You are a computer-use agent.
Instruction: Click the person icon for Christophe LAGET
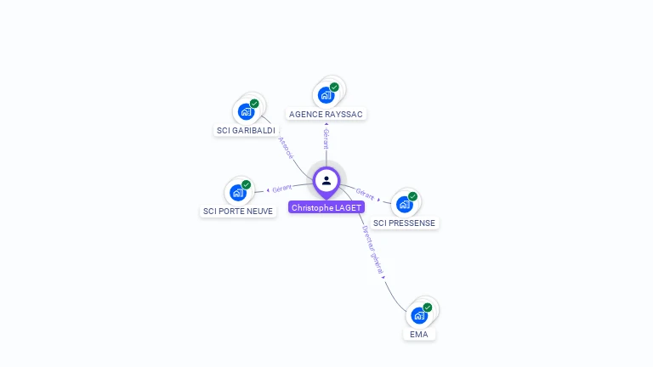(326, 180)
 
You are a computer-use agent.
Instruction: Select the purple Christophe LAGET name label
(326, 207)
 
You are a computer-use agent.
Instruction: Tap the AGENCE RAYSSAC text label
(327, 114)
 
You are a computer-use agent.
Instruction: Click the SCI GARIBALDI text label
(247, 131)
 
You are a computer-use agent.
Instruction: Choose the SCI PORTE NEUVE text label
(239, 211)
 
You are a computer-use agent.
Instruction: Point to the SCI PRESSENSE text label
(405, 223)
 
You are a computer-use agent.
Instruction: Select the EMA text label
(418, 334)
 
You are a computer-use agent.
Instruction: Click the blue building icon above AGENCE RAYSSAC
(326, 95)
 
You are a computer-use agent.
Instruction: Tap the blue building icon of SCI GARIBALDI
(246, 112)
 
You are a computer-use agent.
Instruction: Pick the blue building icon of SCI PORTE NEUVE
(237, 193)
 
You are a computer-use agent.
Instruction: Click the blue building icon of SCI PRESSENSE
(404, 204)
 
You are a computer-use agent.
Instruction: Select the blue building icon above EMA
(418, 315)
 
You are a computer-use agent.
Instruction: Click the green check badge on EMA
(428, 307)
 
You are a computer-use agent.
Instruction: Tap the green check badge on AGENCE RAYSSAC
(335, 87)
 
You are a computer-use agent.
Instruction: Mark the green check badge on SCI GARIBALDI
(254, 104)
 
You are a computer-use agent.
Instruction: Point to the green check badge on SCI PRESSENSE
(413, 196)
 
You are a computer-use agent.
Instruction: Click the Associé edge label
(286, 148)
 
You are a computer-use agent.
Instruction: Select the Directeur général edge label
(372, 250)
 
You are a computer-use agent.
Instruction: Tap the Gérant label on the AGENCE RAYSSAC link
(326, 138)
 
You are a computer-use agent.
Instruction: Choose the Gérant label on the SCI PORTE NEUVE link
(282, 188)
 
